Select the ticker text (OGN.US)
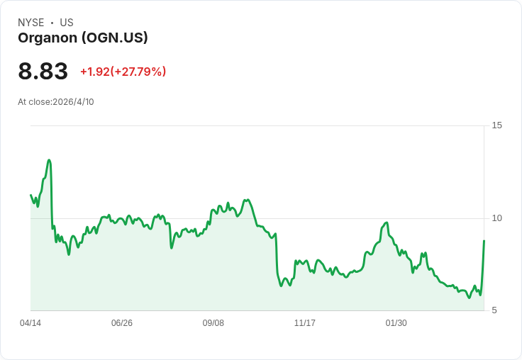tap(115, 38)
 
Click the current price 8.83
tap(43, 72)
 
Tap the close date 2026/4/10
tap(73, 102)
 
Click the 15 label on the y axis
tap(496, 125)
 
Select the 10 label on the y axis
tap(496, 218)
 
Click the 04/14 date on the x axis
tap(30, 323)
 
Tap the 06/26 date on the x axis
tap(122, 323)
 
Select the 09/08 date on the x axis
tap(213, 323)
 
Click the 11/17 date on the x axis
tap(305, 323)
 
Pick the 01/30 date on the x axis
tap(396, 323)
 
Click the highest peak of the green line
tap(49, 160)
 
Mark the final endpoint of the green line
tap(484, 241)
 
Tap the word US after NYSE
tap(67, 23)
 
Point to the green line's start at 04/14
tap(30, 195)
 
